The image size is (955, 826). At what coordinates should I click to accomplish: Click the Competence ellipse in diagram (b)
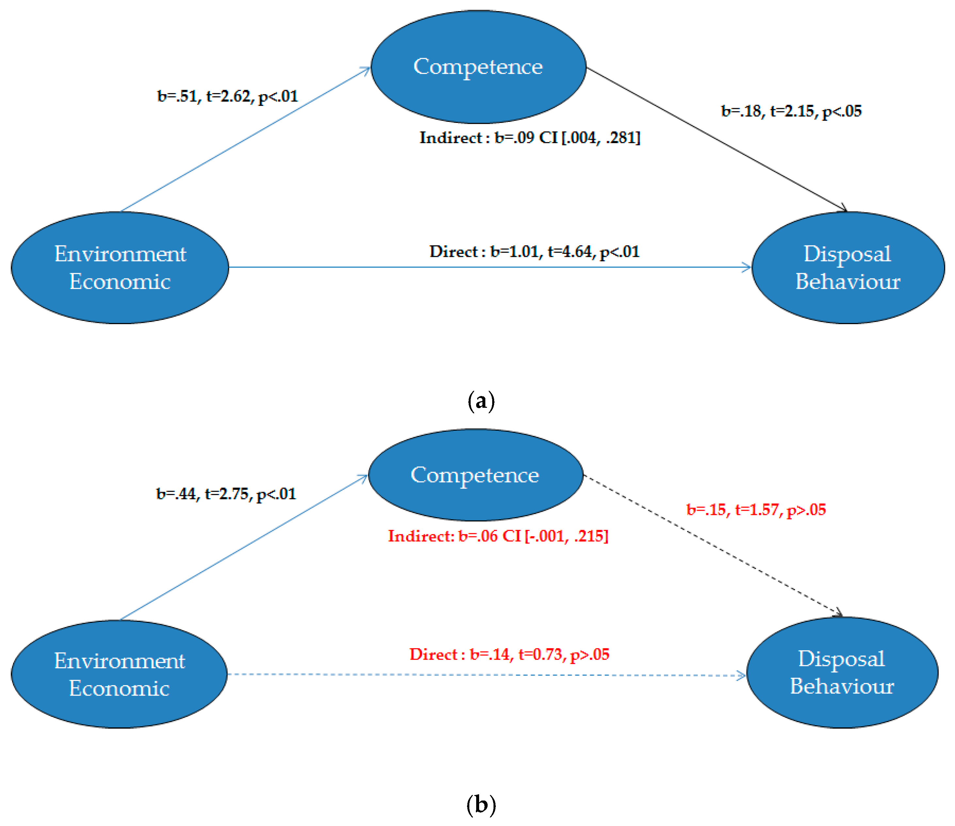pyautogui.click(x=475, y=475)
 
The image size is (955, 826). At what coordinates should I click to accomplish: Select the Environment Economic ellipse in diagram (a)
pyautogui.click(x=120, y=268)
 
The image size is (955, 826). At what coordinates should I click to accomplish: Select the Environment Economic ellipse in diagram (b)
pyautogui.click(x=119, y=674)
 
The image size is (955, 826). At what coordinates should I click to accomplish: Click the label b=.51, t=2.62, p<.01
pyautogui.click(x=228, y=96)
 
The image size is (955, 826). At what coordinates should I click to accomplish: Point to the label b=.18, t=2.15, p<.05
pyautogui.click(x=791, y=111)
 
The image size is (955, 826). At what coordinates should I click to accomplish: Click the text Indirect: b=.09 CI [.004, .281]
pyautogui.click(x=529, y=138)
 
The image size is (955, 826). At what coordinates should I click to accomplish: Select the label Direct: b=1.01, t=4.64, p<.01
pyautogui.click(x=534, y=252)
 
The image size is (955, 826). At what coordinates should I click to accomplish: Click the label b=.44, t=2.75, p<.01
pyautogui.click(x=226, y=494)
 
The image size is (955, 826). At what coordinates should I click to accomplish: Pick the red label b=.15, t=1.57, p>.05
pyautogui.click(x=756, y=510)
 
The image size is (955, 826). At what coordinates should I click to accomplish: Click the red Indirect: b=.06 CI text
pyautogui.click(x=498, y=536)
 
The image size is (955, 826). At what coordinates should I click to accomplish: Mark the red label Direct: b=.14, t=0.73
pyautogui.click(x=509, y=654)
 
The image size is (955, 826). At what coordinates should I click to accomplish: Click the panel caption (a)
pyautogui.click(x=481, y=401)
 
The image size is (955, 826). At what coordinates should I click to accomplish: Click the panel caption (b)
pyautogui.click(x=481, y=805)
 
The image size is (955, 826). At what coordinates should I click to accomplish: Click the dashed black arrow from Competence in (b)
pyautogui.click(x=712, y=545)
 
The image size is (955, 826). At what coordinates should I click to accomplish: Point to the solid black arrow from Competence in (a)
pyautogui.click(x=717, y=139)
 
